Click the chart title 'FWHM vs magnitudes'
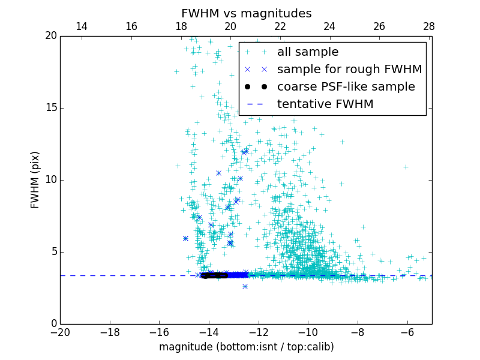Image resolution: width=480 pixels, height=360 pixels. click(246, 13)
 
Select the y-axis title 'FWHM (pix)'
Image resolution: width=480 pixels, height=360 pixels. click(35, 179)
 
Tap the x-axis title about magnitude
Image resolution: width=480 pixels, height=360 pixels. click(246, 347)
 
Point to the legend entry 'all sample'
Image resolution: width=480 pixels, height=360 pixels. click(308, 52)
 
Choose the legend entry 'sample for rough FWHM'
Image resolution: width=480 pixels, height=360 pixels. click(349, 70)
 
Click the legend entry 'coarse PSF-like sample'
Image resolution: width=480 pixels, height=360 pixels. click(346, 87)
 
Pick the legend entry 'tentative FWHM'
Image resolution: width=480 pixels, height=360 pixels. click(325, 104)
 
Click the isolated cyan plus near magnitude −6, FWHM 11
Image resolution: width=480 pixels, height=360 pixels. click(406, 167)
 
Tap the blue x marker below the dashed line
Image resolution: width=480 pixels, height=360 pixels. click(245, 286)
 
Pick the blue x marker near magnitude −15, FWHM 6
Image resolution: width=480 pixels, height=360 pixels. click(185, 238)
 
